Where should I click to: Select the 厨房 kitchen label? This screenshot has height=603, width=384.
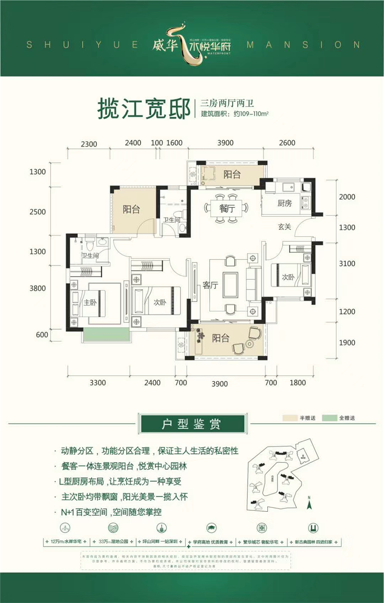(284, 203)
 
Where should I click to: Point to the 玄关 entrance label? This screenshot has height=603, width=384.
(285, 227)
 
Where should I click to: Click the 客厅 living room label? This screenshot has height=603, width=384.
(210, 285)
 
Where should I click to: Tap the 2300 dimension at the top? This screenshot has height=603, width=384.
(89, 143)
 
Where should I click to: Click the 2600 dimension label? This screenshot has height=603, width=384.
(287, 143)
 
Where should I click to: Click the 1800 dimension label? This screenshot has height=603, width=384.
(298, 383)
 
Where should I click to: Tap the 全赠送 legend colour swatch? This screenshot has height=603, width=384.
(330, 418)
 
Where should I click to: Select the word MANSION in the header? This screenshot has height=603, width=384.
(302, 45)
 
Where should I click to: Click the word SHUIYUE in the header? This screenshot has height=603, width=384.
(82, 45)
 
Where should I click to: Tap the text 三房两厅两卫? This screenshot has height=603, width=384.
(221, 102)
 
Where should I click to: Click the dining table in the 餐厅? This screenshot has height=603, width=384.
(227, 208)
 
